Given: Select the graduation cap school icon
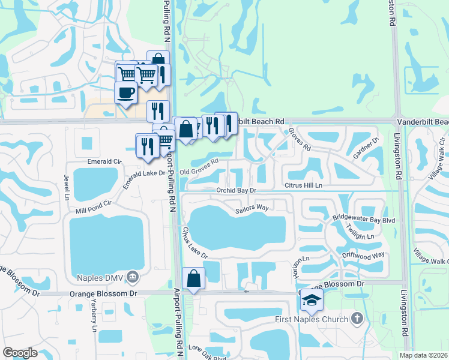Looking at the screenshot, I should click(x=312, y=300).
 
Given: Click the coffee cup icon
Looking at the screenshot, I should click(x=125, y=93).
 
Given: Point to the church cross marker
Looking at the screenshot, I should click(x=357, y=318).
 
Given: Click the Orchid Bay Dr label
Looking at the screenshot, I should click(x=237, y=190).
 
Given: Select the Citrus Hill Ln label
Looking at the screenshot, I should click(x=303, y=185).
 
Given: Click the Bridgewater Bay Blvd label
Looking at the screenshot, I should click(x=364, y=221).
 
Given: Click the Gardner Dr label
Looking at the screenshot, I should click(x=366, y=148).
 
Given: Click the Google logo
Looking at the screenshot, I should click(x=20, y=353).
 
